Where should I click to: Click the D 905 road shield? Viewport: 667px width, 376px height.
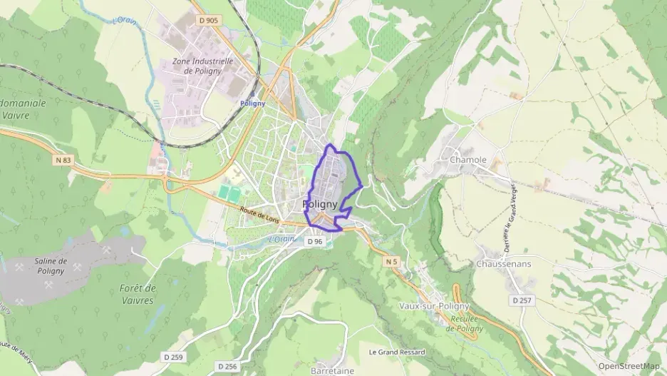click(209, 21)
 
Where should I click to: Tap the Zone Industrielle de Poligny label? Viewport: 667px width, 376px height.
click(203, 66)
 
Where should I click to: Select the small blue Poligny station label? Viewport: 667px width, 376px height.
click(252, 103)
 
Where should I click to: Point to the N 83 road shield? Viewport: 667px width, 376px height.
click(62, 161)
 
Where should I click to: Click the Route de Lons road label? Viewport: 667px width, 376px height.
click(259, 215)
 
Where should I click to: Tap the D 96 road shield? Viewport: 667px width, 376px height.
click(315, 242)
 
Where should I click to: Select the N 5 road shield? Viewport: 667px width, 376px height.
click(391, 263)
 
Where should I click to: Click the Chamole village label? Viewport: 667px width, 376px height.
click(468, 160)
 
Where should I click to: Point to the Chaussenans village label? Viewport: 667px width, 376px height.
click(504, 263)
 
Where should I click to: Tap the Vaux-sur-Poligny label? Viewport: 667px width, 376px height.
click(435, 306)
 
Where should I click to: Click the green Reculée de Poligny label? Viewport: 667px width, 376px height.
click(464, 324)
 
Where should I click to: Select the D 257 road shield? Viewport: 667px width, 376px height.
click(522, 300)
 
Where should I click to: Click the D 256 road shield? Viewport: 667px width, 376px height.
click(227, 366)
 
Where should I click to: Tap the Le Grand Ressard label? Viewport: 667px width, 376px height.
click(396, 352)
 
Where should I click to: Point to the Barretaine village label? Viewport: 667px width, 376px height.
click(333, 371)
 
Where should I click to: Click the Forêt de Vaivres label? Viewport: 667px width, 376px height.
click(138, 294)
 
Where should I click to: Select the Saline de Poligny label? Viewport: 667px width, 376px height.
click(50, 266)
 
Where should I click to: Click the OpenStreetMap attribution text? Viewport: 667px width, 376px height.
click(629, 366)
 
